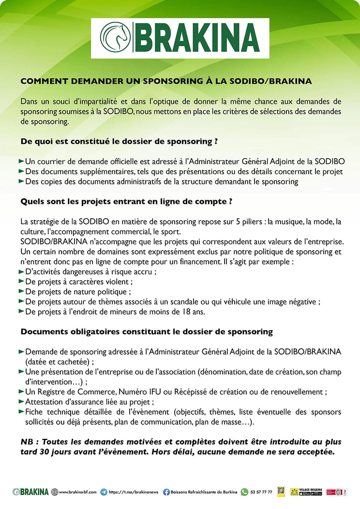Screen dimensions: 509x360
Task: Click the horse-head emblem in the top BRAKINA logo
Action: point(115,37)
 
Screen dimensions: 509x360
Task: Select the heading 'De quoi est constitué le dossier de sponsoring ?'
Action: point(119,142)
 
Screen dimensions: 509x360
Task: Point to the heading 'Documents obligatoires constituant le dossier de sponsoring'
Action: point(147,332)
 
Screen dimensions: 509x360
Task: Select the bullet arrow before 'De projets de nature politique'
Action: point(21,291)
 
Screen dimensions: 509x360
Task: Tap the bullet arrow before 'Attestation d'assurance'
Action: point(21,402)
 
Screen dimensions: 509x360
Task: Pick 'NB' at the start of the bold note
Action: point(27,442)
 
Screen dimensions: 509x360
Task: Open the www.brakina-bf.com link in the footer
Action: point(77,492)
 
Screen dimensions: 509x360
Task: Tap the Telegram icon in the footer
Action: point(104,492)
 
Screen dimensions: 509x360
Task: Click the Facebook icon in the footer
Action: point(166,492)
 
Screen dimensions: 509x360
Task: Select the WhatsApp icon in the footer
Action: point(244,492)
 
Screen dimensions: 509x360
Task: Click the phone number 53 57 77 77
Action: point(261,492)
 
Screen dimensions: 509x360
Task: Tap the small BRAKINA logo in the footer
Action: point(30,492)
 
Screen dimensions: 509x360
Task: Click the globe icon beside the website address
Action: point(54,492)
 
